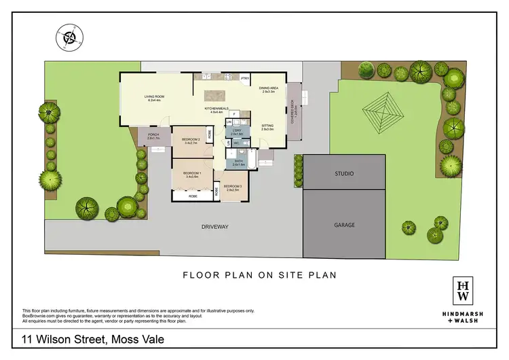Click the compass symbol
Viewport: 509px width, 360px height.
pos(68,37)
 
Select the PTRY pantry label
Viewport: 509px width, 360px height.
pos(245,78)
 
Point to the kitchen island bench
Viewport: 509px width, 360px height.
pos(216,96)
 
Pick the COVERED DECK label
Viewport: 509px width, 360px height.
pos(293,111)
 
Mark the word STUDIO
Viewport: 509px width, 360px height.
pos(344,174)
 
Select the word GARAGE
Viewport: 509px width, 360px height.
pos(344,225)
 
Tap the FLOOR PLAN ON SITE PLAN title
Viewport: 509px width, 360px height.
pos(261,275)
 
